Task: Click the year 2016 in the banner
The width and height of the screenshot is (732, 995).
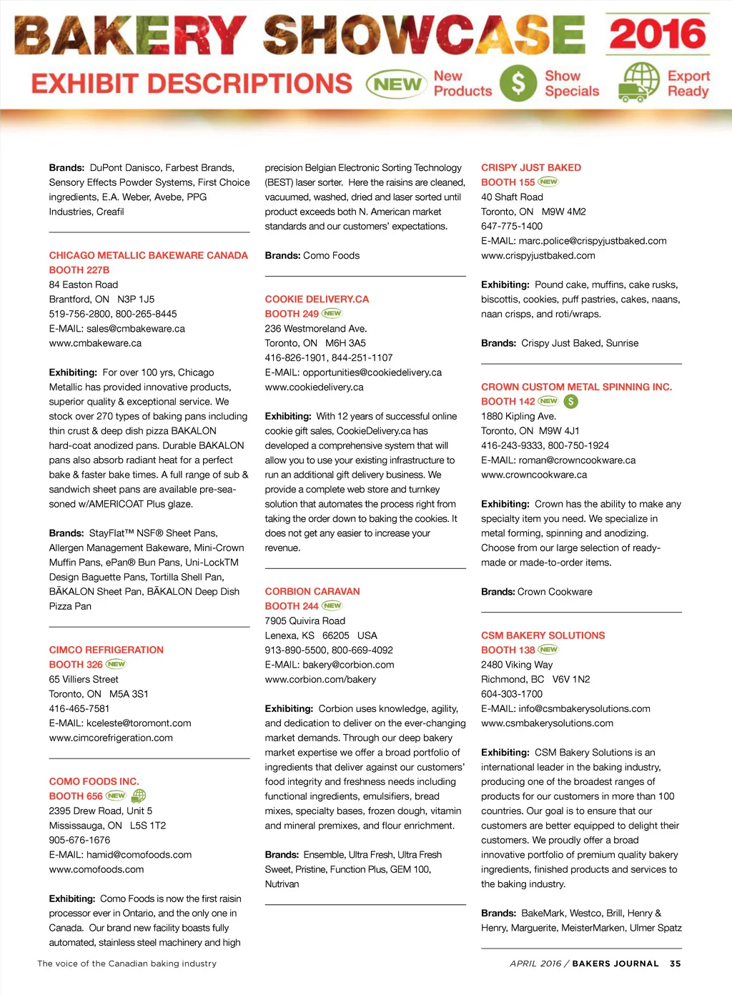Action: pyautogui.click(x=658, y=34)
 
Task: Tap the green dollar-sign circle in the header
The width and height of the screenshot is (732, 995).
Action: pyautogui.click(x=518, y=83)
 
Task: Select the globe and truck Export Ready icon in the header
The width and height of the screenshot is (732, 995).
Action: pyautogui.click(x=638, y=82)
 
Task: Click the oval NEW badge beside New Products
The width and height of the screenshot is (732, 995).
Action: pyautogui.click(x=397, y=84)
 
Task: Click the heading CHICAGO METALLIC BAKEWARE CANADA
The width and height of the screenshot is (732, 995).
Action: pyautogui.click(x=148, y=255)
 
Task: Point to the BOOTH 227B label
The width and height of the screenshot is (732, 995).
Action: pyautogui.click(x=79, y=270)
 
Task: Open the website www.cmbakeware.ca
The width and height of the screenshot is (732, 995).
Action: pyautogui.click(x=95, y=343)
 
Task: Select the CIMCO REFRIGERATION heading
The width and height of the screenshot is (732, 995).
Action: pyautogui.click(x=106, y=650)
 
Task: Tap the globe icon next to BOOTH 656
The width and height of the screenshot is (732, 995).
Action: pyautogui.click(x=139, y=796)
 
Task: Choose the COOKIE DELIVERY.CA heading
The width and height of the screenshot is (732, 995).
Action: pyautogui.click(x=317, y=300)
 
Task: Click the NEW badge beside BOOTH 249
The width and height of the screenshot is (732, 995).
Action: pyautogui.click(x=332, y=313)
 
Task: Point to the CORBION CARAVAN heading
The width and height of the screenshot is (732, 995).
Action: pyautogui.click(x=312, y=591)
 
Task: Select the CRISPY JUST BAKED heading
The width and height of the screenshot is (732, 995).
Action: pyautogui.click(x=530, y=167)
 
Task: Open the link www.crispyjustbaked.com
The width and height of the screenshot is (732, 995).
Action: pyautogui.click(x=538, y=255)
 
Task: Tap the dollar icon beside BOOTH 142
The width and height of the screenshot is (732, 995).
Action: pyautogui.click(x=570, y=402)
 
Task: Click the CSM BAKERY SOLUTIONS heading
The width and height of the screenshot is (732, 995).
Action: pyautogui.click(x=543, y=635)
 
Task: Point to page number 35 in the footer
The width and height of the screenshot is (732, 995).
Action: pyautogui.click(x=675, y=964)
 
